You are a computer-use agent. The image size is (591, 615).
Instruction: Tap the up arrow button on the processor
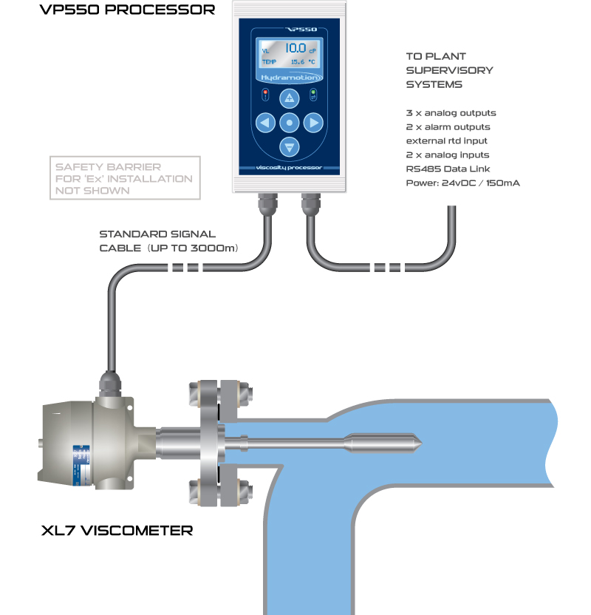click(x=290, y=98)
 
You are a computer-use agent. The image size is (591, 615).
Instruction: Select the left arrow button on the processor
click(x=265, y=122)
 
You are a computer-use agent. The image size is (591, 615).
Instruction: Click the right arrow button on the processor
click(x=314, y=122)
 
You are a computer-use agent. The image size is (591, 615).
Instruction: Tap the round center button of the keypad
click(x=290, y=122)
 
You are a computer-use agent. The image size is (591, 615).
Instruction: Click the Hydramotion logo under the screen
click(x=290, y=76)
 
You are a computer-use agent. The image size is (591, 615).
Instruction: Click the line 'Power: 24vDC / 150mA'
click(x=462, y=183)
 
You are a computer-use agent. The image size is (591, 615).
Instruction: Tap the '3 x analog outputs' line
click(x=451, y=113)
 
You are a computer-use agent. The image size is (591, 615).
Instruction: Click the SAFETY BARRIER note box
click(x=124, y=178)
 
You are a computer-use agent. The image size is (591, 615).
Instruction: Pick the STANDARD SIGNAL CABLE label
click(x=168, y=242)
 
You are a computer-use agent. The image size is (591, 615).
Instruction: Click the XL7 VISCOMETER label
click(x=117, y=530)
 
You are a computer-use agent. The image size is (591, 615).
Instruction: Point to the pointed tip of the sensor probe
click(x=419, y=445)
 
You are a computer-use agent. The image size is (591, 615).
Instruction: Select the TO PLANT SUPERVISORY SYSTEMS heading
click(x=449, y=70)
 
